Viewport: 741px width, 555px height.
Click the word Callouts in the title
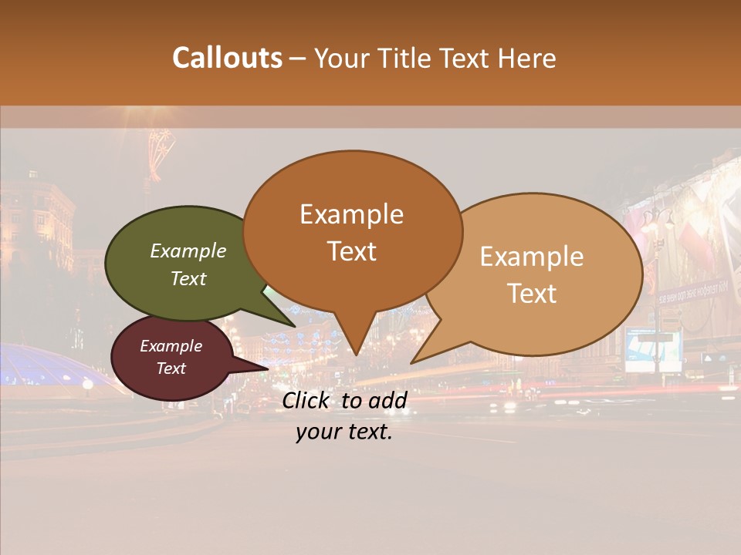pyautogui.click(x=227, y=58)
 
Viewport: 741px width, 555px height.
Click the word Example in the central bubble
pyautogui.click(x=351, y=214)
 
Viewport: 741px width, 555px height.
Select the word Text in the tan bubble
pyautogui.click(x=533, y=294)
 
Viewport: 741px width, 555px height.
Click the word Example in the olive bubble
pyautogui.click(x=188, y=251)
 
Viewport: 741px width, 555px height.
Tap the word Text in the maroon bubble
pyautogui.click(x=171, y=368)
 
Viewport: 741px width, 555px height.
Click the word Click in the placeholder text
pyautogui.click(x=306, y=400)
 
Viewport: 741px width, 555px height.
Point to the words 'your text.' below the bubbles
pyautogui.click(x=344, y=432)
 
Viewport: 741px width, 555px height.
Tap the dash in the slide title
pyautogui.click(x=299, y=59)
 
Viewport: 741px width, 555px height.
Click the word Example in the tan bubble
pyautogui.click(x=532, y=257)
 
